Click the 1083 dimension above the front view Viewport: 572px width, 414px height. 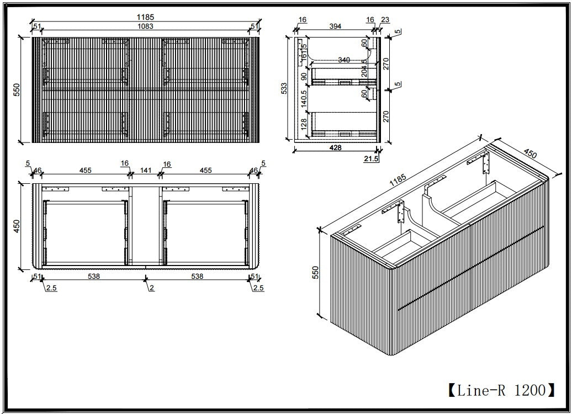[x=146, y=26]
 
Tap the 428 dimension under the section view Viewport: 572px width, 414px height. [x=335, y=147]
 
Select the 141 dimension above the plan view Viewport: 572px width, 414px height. [x=145, y=171]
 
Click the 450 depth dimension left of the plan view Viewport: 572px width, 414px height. [x=17, y=226]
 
